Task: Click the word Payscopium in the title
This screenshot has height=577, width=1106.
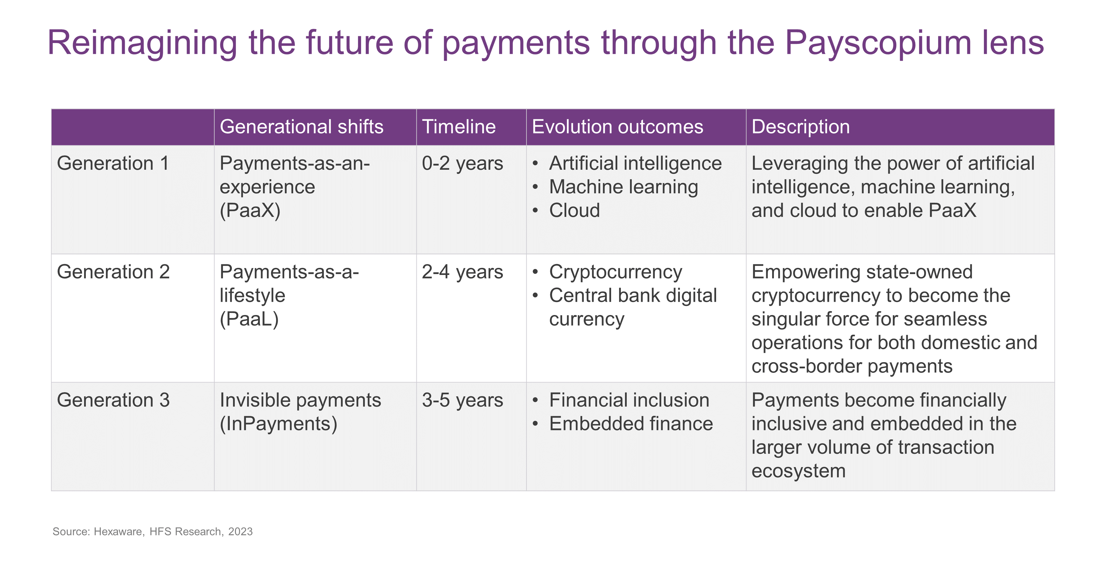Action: [878, 43]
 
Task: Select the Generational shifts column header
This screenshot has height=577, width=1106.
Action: [301, 127]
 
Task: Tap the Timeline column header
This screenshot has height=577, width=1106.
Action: [459, 127]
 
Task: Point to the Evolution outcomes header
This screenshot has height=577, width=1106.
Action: [617, 127]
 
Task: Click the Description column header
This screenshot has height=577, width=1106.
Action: [801, 127]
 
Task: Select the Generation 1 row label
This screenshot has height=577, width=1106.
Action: [113, 164]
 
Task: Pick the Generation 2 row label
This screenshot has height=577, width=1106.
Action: [113, 272]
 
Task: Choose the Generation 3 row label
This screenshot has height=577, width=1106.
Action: [113, 400]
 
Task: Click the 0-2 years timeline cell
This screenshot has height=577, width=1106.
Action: [462, 164]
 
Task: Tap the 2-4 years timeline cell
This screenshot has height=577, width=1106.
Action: [462, 272]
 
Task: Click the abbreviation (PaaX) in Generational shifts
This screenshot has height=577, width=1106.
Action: [250, 211]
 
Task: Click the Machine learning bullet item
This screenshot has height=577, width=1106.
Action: [623, 187]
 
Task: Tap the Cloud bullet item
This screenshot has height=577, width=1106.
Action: [575, 211]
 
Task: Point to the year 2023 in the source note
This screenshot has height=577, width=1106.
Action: [240, 532]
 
